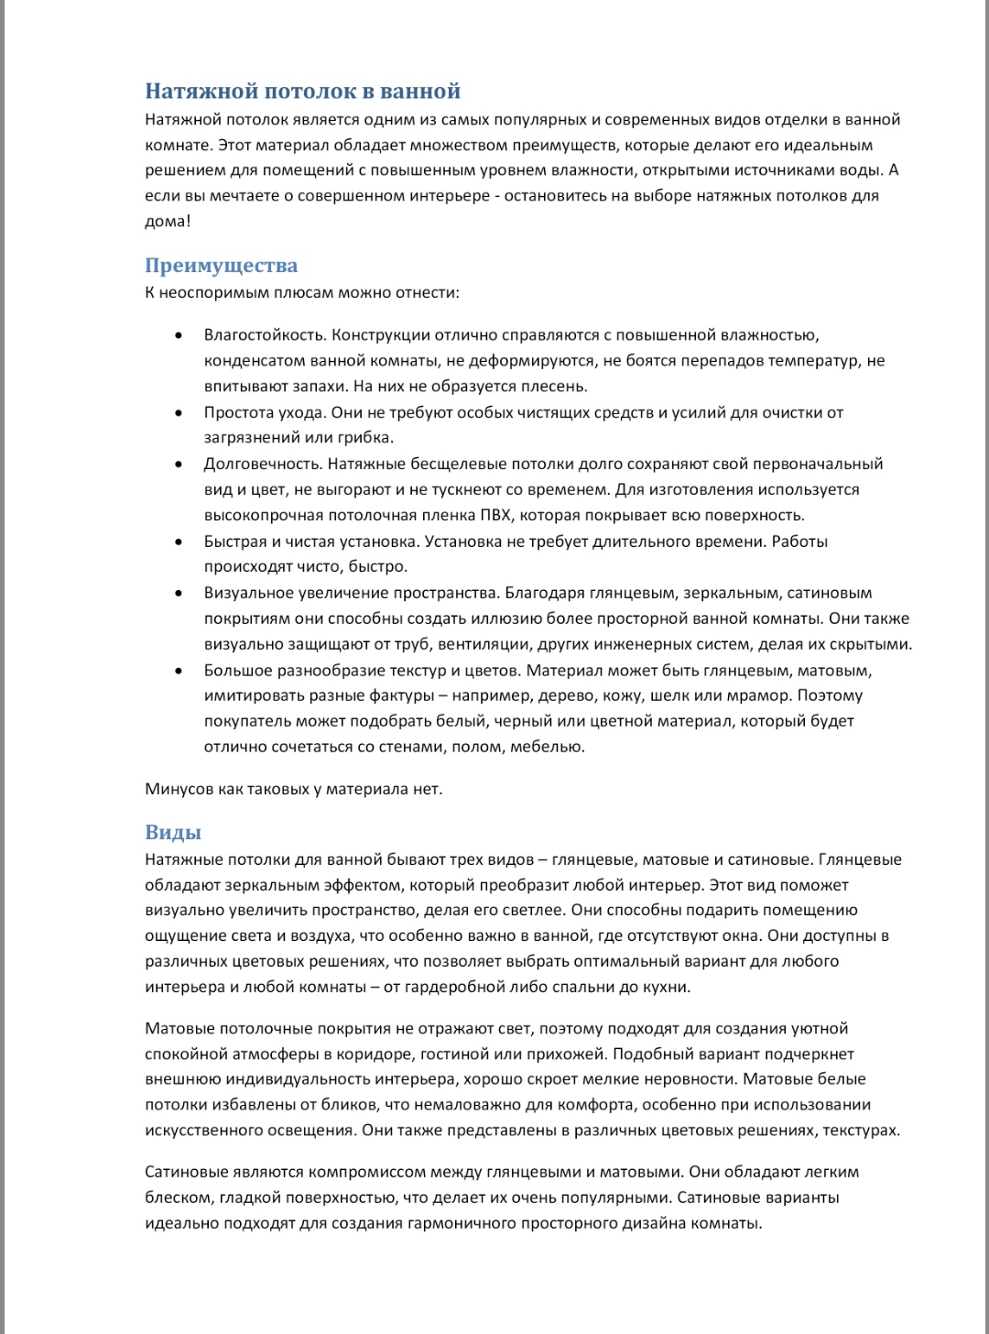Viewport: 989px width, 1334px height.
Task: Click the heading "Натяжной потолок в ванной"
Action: [302, 91]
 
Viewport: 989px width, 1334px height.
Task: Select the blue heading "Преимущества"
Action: [221, 265]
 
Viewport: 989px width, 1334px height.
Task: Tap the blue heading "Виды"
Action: [173, 832]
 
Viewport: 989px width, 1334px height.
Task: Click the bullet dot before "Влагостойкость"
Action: [179, 335]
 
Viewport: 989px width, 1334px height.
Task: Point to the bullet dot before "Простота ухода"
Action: [179, 412]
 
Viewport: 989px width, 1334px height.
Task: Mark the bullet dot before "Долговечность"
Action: [179, 464]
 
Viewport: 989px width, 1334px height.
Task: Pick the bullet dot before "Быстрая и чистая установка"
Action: [179, 541]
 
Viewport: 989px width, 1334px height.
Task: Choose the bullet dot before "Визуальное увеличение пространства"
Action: [179, 593]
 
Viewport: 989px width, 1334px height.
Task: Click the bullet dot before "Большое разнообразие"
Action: [179, 671]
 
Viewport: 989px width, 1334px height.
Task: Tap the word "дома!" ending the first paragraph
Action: [168, 221]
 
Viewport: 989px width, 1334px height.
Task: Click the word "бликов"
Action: [343, 1105]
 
